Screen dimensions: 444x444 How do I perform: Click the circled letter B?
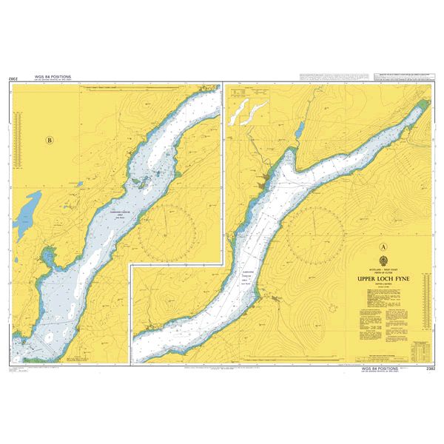50,139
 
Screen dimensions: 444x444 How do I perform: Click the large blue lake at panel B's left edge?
29,211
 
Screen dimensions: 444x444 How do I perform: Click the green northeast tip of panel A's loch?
423,103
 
